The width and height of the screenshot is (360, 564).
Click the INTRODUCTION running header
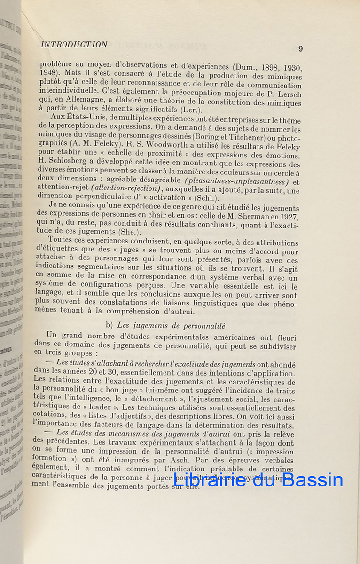point(74,45)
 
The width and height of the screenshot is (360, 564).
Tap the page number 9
point(300,49)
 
